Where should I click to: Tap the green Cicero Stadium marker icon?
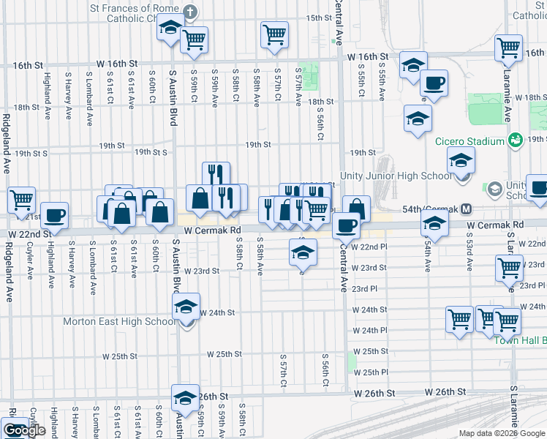(x=515, y=139)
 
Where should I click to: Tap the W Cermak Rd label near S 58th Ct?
(x=213, y=230)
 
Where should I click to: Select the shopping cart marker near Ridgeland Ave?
(x=22, y=198)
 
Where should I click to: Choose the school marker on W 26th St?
(x=186, y=397)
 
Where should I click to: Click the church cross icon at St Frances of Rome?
(x=190, y=12)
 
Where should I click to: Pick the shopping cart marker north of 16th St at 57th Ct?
(x=274, y=33)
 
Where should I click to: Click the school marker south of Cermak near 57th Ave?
(x=303, y=252)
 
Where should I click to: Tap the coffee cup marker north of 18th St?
(x=434, y=83)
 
